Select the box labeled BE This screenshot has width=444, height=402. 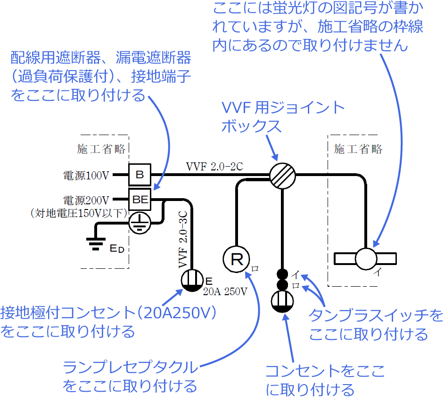[x=140, y=200]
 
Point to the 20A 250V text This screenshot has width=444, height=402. [x=225, y=292]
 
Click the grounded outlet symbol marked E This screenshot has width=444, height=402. [x=192, y=281]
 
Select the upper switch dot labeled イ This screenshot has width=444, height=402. [x=282, y=274]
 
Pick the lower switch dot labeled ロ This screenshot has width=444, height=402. [x=282, y=285]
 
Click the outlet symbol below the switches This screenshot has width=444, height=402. [x=282, y=302]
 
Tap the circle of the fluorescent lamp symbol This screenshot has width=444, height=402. [x=366, y=258]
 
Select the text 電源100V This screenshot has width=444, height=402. [x=86, y=176]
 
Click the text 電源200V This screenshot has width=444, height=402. [x=86, y=200]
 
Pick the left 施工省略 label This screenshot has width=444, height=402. [x=101, y=149]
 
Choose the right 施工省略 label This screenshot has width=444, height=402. [x=358, y=149]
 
